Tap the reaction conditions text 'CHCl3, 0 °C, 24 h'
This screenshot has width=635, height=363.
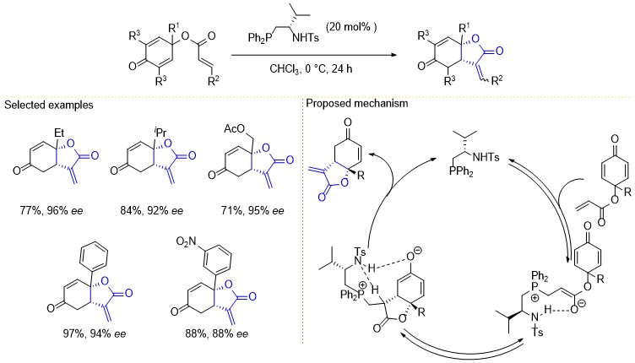311,68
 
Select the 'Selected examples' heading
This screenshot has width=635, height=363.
49,106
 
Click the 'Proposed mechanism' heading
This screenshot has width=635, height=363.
357,103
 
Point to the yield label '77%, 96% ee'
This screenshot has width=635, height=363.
52,211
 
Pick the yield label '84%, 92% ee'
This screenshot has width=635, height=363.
151,211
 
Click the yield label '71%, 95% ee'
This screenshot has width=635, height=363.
252,211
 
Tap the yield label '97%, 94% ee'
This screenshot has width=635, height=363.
95,333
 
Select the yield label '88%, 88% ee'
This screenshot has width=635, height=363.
217,333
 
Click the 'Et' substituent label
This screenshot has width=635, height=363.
59,133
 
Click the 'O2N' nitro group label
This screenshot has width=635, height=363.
187,242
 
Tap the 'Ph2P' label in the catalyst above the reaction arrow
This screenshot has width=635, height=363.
258,39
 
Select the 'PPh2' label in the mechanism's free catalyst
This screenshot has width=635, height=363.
461,171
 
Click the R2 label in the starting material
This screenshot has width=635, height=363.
214,81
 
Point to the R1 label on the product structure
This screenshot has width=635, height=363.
464,28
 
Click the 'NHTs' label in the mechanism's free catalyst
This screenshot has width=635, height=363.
486,157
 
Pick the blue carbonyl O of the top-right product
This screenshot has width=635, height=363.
499,51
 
